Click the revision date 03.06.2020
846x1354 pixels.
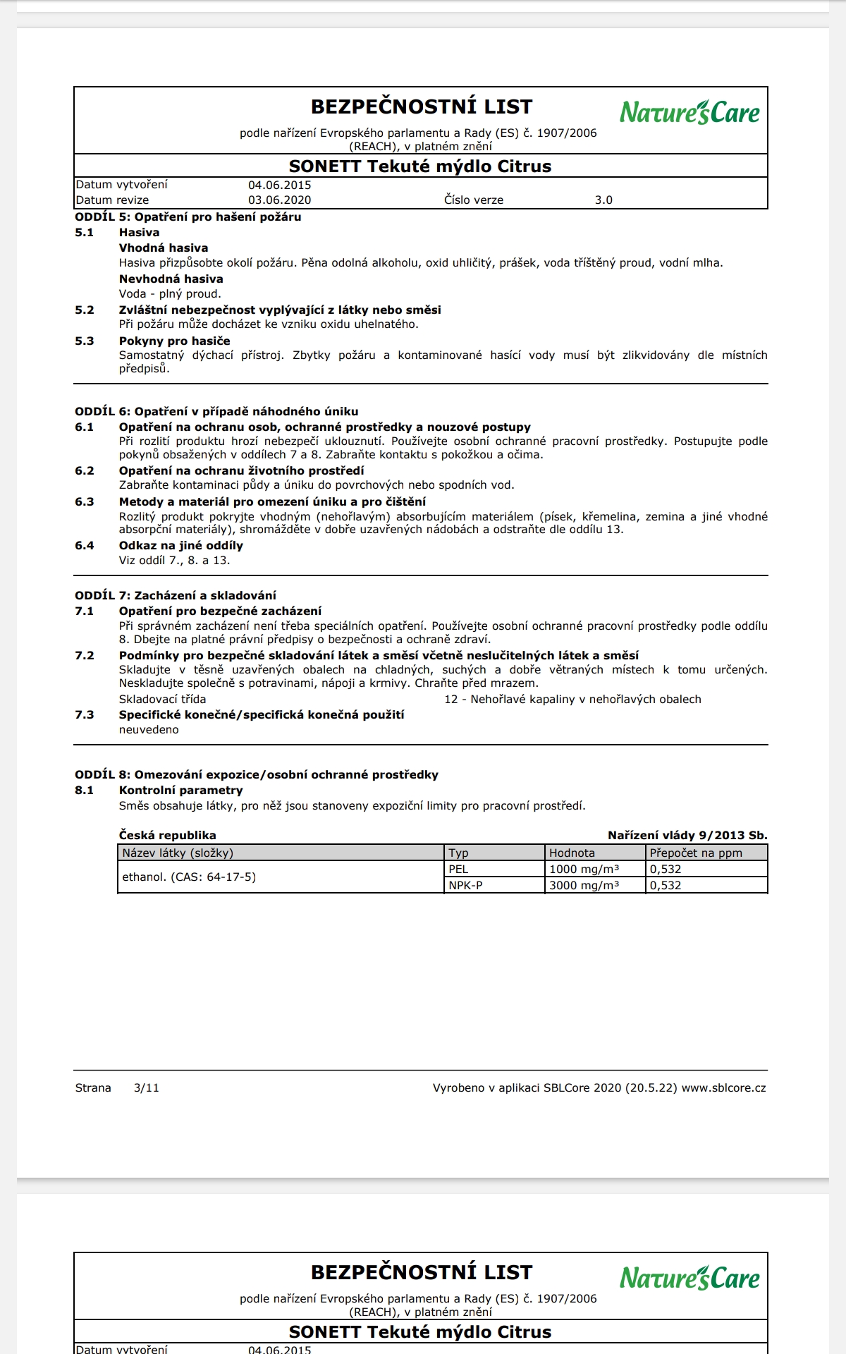[279, 200]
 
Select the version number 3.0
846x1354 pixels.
[603, 200]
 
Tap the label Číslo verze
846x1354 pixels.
[474, 200]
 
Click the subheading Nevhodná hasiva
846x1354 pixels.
[171, 279]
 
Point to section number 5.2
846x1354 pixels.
[85, 310]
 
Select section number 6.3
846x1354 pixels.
[85, 502]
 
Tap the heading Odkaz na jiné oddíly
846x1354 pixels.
[180, 546]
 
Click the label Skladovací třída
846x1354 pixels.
[162, 700]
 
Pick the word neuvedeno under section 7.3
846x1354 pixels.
[149, 730]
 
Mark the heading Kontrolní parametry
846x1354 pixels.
[180, 791]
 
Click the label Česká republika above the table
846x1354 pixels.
[167, 836]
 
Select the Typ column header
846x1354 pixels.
[459, 853]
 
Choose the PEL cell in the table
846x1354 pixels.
[458, 870]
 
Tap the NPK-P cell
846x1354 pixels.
[465, 886]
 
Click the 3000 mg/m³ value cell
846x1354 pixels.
[584, 886]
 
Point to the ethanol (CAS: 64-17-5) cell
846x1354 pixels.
[189, 877]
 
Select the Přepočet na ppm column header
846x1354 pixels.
[696, 853]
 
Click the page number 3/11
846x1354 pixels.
[146, 1088]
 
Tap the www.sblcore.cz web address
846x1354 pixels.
[723, 1088]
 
